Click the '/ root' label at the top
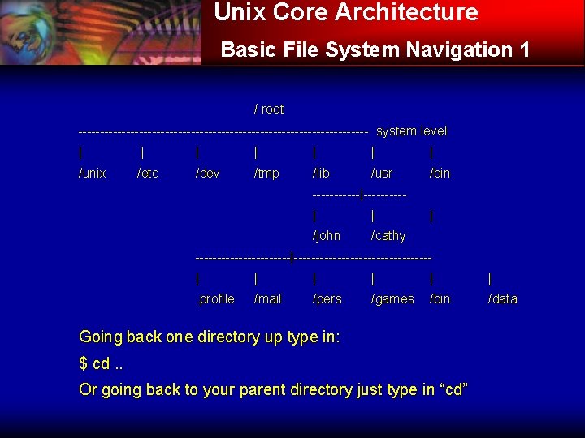click(269, 109)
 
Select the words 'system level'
click(411, 131)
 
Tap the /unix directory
click(93, 174)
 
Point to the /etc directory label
click(148, 174)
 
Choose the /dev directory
click(208, 174)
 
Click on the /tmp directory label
click(266, 174)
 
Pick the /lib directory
click(321, 174)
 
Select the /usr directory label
click(381, 174)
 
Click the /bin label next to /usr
click(440, 174)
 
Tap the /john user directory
click(327, 236)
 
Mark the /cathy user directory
click(388, 236)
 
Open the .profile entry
click(215, 299)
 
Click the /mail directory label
click(267, 299)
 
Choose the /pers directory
click(327, 299)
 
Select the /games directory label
click(392, 299)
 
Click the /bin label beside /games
click(440, 299)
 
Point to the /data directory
click(502, 299)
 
